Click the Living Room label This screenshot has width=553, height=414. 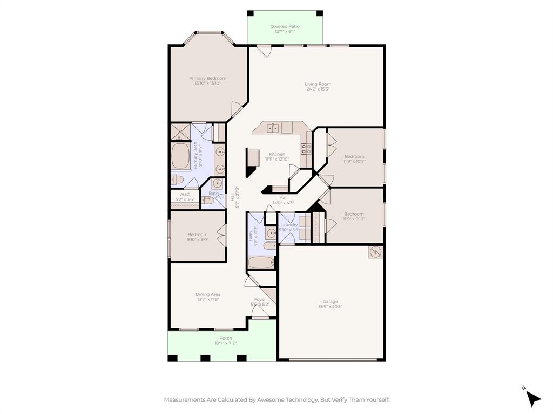318,84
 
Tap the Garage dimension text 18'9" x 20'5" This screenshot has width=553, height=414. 330,307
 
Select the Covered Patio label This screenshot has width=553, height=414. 285,26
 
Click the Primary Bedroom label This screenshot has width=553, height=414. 207,78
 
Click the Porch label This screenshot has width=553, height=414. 225,339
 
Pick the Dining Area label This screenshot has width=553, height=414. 207,294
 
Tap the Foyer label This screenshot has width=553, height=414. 260,300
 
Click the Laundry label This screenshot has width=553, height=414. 289,225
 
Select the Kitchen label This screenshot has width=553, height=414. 277,154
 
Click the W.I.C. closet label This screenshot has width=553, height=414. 185,194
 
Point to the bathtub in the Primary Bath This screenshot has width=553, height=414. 180,156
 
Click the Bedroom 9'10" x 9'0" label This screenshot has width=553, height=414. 198,234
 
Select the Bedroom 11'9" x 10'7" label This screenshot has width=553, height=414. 354,156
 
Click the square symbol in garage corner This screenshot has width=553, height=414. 375,252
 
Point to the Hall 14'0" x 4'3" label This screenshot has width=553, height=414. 283,198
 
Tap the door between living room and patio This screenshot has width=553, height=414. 264,51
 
